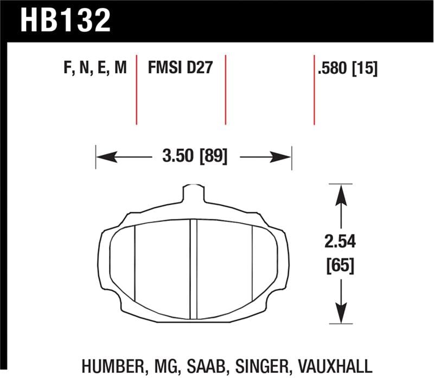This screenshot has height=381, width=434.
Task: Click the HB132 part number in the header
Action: pyautogui.click(x=65, y=21)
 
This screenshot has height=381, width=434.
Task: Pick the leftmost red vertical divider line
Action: pyautogui.click(x=136, y=90)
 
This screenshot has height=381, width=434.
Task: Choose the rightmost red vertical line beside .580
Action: pyautogui.click(x=315, y=90)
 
